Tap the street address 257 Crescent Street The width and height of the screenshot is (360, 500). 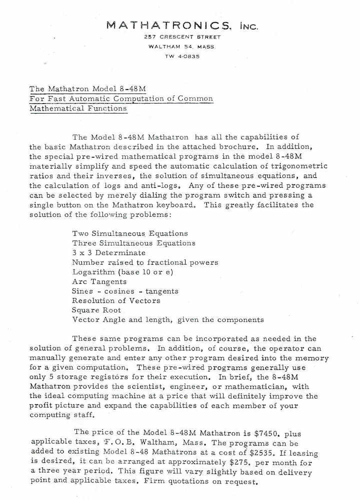pos(182,37)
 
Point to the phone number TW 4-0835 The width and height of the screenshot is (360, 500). pos(182,56)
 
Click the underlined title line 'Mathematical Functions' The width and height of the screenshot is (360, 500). pos(78,108)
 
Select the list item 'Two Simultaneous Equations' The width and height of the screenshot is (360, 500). pos(130,233)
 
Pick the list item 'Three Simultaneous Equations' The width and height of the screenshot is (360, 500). pos(133,243)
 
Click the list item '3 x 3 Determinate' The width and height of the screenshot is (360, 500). pos(108,252)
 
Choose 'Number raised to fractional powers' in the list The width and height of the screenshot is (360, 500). pos(145,262)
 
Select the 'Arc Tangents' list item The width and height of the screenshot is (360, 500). pos(99,281)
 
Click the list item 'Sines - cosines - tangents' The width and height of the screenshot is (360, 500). pos(125,291)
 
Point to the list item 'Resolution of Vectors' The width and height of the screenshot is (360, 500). pos(116,300)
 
